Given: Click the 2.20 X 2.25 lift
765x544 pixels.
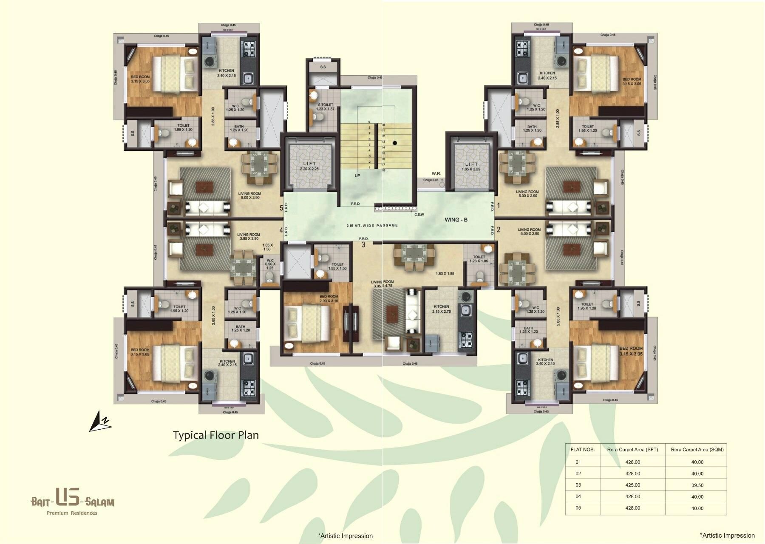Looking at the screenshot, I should pos(309,166).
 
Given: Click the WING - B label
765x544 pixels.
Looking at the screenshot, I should pos(456,220).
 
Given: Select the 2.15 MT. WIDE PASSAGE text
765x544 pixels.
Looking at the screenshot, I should pos(372,225).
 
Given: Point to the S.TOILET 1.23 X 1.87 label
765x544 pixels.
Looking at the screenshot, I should pos(326,107).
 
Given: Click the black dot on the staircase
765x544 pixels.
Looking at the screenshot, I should pos(395,143).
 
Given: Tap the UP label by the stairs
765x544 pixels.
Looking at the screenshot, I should pos(357,176).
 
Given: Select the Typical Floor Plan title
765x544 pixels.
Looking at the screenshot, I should pos(215,435).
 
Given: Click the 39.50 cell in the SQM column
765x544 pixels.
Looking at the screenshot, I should pos(697,485).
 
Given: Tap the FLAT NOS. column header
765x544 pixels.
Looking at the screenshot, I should pos(582,449).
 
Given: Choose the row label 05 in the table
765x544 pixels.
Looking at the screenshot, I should pos(578,508).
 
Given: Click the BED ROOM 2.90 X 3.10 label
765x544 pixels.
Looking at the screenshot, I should pos(329,298).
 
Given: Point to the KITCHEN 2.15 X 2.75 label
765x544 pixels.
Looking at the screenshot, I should pos(441,309).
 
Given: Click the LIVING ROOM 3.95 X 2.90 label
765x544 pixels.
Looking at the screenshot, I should pos(249,236).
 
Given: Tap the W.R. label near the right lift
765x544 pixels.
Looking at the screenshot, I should pos(436,173).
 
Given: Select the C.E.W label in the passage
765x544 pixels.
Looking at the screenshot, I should pos(419,215).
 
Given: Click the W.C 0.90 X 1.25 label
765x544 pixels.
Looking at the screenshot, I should pos(270,264).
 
